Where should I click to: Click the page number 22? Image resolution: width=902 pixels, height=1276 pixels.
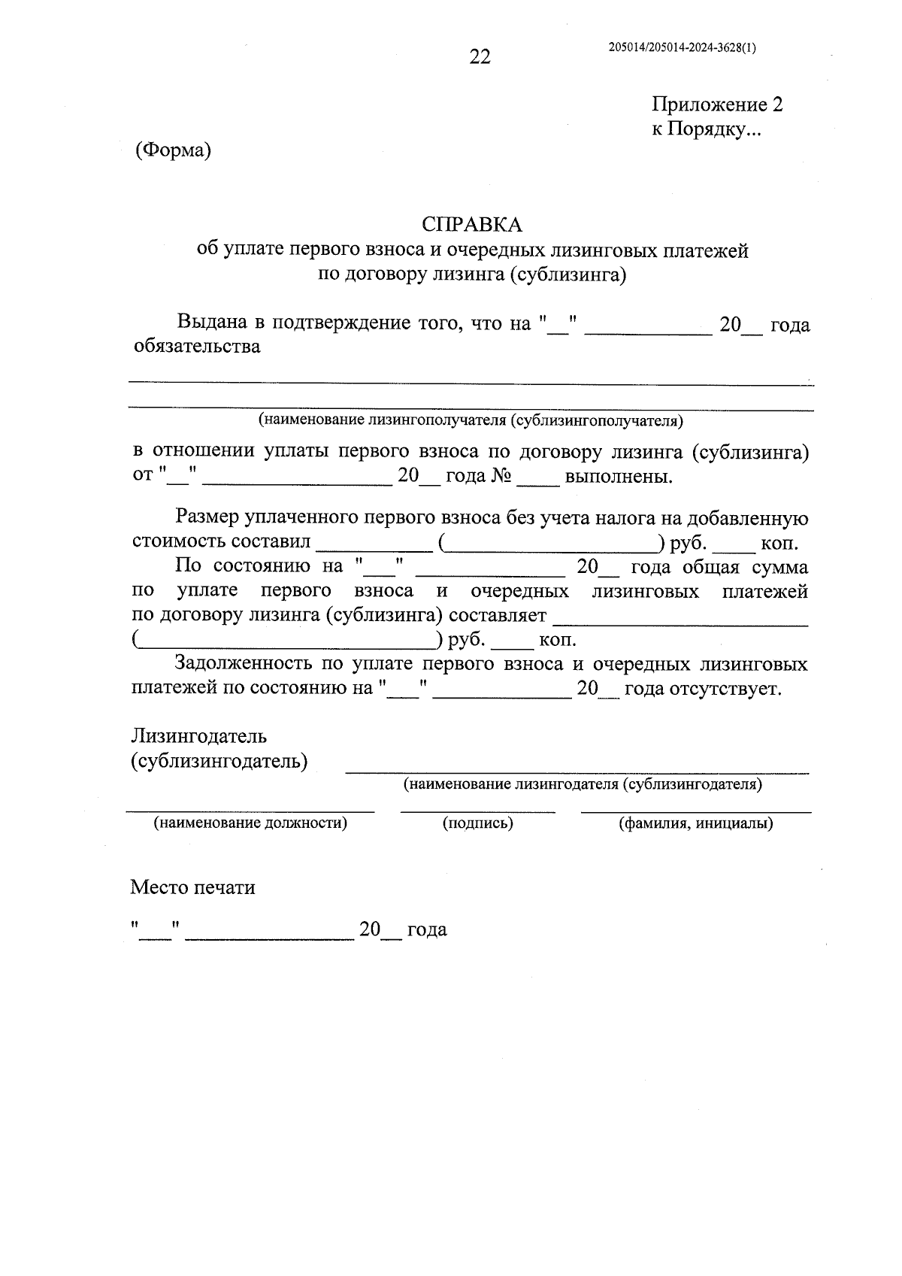(480, 56)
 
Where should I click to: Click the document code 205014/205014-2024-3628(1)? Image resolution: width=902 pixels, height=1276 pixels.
(682, 47)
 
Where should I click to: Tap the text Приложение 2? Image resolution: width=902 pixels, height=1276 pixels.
(717, 105)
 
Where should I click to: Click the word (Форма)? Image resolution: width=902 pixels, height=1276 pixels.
(173, 150)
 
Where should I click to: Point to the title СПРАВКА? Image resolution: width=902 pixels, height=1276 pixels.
(471, 224)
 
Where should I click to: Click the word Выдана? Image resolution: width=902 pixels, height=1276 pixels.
(212, 323)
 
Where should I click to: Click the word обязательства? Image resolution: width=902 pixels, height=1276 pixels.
(197, 347)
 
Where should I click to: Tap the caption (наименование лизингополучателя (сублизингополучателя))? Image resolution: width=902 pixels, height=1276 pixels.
(471, 420)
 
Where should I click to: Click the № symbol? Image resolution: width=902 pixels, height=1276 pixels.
(501, 477)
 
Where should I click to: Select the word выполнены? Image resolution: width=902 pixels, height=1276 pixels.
(619, 477)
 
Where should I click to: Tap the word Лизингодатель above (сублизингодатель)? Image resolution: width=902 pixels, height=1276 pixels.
(199, 735)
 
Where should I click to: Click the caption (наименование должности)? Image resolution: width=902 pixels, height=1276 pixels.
(250, 823)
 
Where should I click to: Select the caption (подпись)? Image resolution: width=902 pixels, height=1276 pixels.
(478, 823)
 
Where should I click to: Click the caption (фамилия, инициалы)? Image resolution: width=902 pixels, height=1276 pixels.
(696, 823)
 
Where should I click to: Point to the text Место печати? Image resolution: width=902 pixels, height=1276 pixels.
(192, 887)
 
